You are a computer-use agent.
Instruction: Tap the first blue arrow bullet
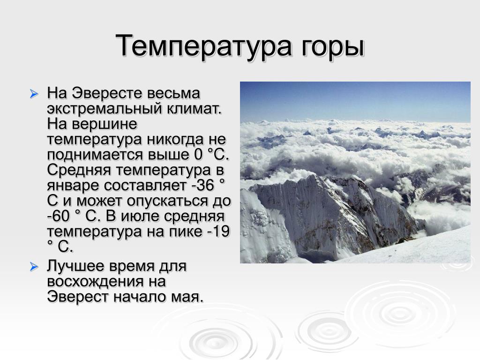click(x=34, y=94)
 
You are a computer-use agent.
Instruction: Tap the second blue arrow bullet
click(x=34, y=267)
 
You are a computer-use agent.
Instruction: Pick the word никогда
click(x=175, y=140)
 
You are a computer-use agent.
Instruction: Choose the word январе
click(x=74, y=186)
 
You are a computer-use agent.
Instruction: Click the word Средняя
click(x=79, y=171)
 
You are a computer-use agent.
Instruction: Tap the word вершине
click(x=105, y=125)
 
